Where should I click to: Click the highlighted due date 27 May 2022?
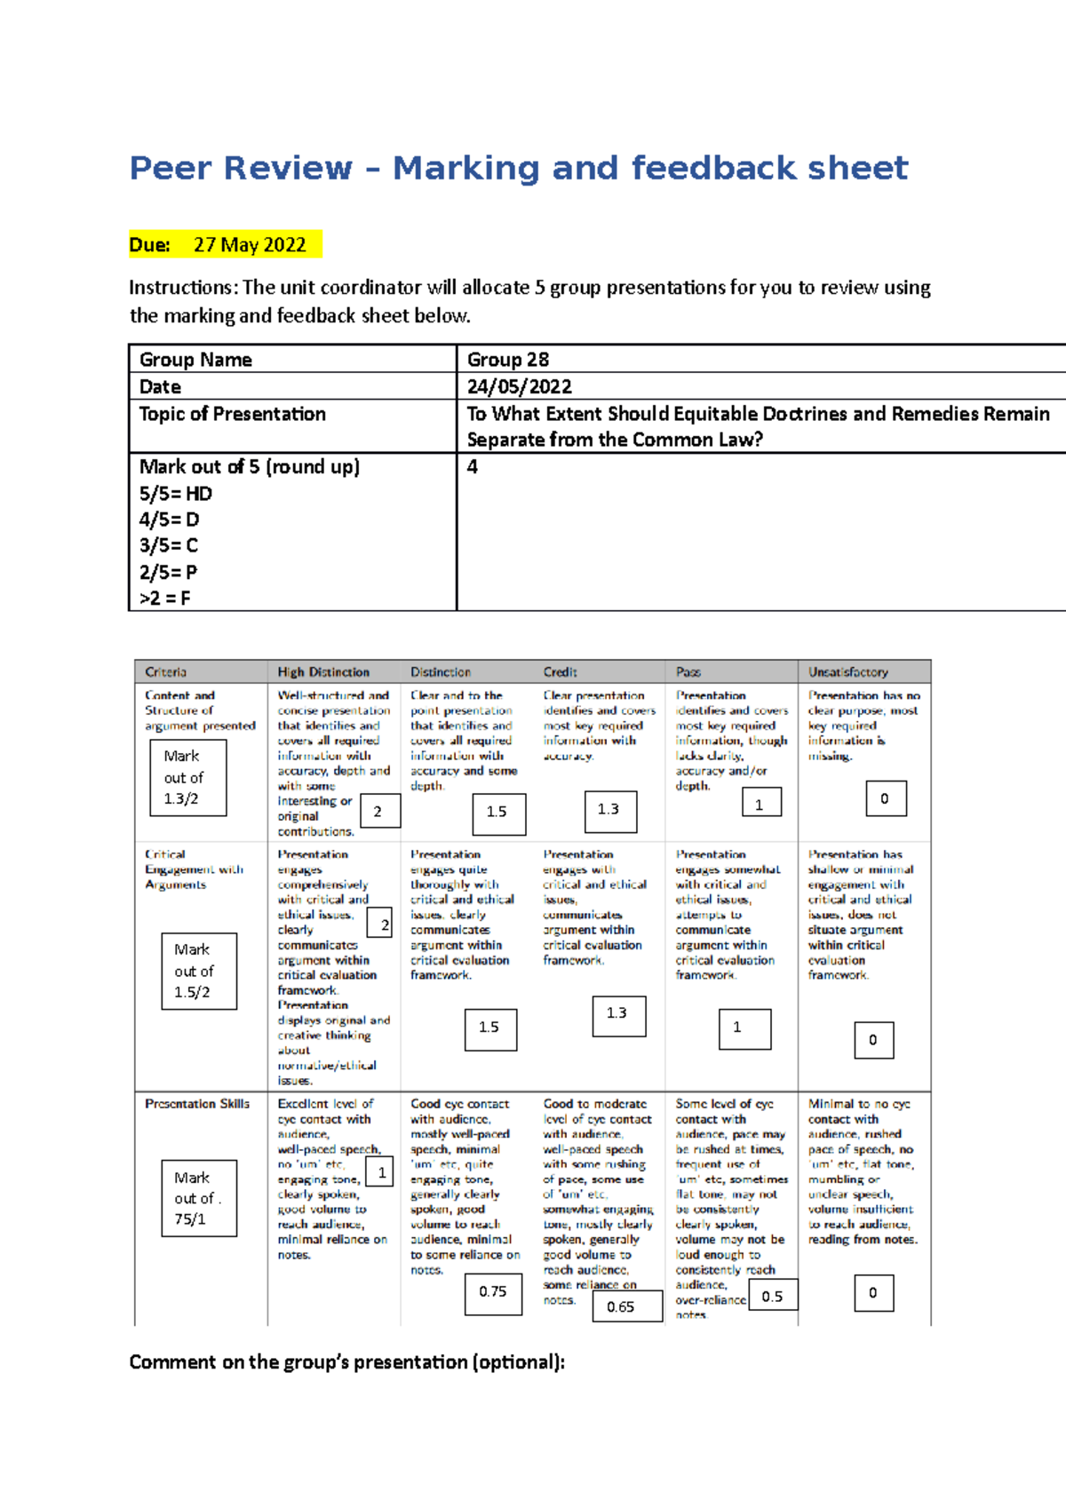click(249, 245)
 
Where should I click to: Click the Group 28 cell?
click(508, 360)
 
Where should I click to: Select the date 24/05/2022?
click(520, 386)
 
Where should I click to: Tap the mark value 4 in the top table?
click(473, 467)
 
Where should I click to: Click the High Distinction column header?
click(323, 672)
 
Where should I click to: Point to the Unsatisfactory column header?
click(847, 672)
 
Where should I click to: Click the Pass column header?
click(688, 672)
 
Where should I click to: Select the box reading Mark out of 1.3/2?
click(187, 777)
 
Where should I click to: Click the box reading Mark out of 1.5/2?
click(199, 971)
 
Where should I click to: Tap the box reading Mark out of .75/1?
click(199, 1198)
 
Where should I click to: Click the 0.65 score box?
click(626, 1306)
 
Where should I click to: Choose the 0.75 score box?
click(493, 1292)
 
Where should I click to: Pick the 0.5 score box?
click(773, 1296)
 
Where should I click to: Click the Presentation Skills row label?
click(197, 1104)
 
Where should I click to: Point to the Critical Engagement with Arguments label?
click(193, 869)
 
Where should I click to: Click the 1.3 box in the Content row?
click(610, 810)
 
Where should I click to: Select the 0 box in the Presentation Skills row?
click(873, 1293)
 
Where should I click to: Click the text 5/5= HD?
click(176, 494)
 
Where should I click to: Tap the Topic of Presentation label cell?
click(233, 414)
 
